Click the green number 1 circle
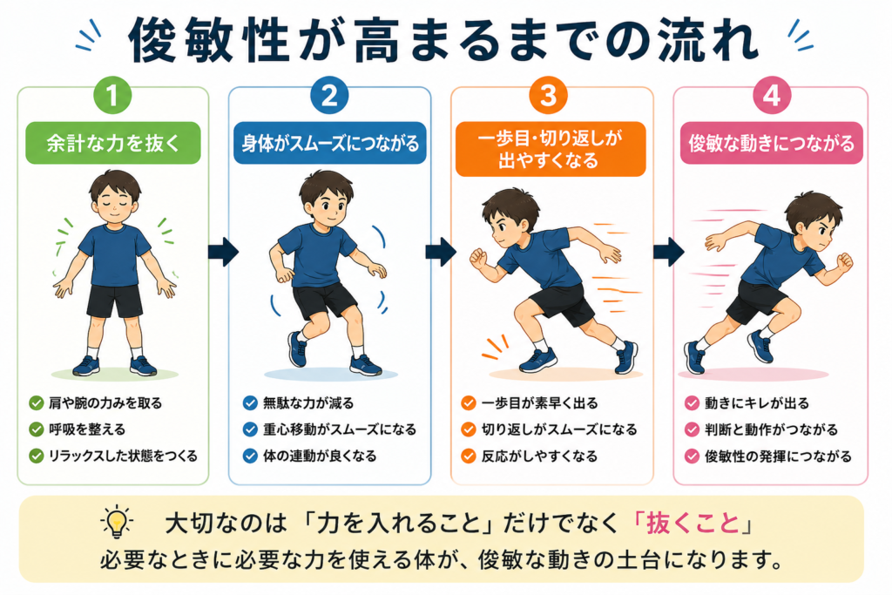point(112,95)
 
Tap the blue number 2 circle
point(329,95)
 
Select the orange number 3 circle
point(549,95)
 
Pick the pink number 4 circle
point(772,95)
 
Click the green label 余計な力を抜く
point(113,143)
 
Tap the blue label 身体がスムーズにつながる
point(330,143)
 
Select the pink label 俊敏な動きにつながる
point(772,143)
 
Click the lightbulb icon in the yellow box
point(117,520)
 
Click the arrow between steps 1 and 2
point(223,252)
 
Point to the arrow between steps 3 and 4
point(669,252)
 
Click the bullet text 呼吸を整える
point(87,429)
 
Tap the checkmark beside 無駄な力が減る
point(250,403)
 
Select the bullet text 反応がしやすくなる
point(539,456)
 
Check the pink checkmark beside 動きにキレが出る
point(692,403)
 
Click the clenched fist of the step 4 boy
point(845,261)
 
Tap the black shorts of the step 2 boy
point(324,300)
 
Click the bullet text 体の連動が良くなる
point(320,456)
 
